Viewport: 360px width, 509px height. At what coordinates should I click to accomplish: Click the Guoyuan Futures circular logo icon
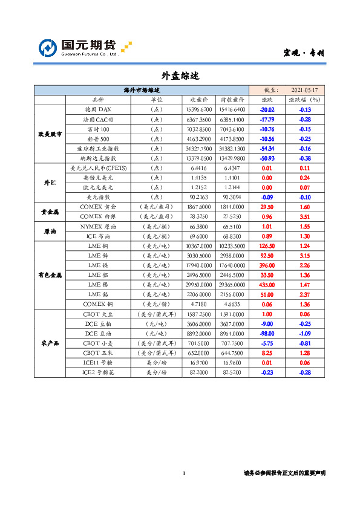pyautogui.click(x=48, y=48)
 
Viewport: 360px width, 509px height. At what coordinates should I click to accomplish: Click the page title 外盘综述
pyautogui.click(x=180, y=76)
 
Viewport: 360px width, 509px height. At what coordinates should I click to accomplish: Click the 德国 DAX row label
pyautogui.click(x=98, y=110)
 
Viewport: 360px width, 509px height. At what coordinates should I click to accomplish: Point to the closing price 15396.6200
pyautogui.click(x=198, y=110)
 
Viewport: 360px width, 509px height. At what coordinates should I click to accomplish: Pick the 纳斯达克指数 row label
pyautogui.click(x=98, y=158)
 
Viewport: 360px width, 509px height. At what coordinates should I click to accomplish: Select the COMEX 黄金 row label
pyautogui.click(x=98, y=206)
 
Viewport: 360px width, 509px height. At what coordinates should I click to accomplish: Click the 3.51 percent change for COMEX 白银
pyautogui.click(x=304, y=216)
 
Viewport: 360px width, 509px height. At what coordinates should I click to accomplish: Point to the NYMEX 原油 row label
pyautogui.click(x=98, y=226)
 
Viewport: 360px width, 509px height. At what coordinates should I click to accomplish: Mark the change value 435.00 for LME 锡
pyautogui.click(x=267, y=284)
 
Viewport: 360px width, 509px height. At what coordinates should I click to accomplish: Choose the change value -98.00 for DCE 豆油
pyautogui.click(x=267, y=333)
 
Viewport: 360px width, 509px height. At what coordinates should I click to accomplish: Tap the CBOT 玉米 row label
pyautogui.click(x=98, y=352)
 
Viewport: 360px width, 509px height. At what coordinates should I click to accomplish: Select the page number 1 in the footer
pyautogui.click(x=183, y=473)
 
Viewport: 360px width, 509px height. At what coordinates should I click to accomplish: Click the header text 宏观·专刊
pyautogui.click(x=304, y=53)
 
